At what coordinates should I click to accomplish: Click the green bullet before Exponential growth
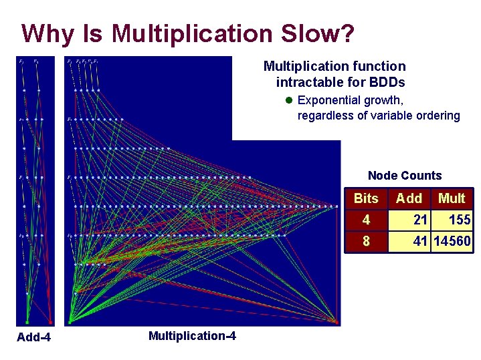(288, 101)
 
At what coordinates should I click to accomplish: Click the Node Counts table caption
(405, 176)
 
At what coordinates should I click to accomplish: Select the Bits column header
(366, 198)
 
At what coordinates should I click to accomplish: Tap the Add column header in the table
(409, 198)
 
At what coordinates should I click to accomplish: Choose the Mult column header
(452, 198)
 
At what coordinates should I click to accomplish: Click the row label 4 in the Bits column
(366, 220)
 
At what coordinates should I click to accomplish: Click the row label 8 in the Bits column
(366, 240)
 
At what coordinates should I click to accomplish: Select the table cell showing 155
(459, 220)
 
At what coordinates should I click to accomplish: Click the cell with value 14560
(452, 240)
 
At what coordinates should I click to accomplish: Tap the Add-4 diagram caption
(33, 338)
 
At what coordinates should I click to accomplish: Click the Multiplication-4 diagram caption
(192, 335)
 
